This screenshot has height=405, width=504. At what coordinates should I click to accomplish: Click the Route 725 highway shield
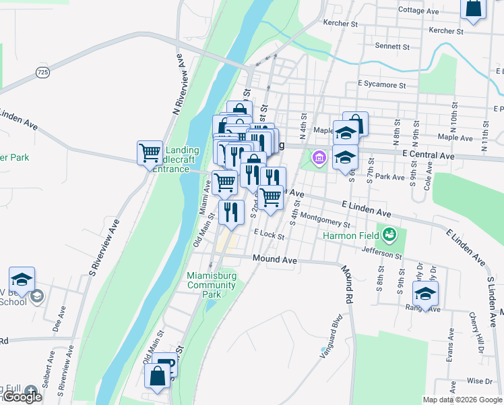(42, 72)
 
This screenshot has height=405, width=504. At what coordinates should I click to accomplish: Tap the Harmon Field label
(351, 236)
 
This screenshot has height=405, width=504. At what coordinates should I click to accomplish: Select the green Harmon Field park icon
(389, 236)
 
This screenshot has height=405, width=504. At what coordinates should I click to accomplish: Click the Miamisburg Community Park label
(212, 285)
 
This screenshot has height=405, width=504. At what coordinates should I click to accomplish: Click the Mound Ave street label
(274, 259)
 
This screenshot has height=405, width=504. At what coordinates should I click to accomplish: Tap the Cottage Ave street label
(418, 11)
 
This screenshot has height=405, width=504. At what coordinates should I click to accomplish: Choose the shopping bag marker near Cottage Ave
(473, 8)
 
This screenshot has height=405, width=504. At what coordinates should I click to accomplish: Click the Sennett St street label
(392, 47)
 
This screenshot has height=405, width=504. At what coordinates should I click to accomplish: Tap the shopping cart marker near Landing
(150, 152)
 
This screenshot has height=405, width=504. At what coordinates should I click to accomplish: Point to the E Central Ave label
(428, 155)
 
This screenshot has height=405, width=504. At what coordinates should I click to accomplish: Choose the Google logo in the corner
(22, 397)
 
